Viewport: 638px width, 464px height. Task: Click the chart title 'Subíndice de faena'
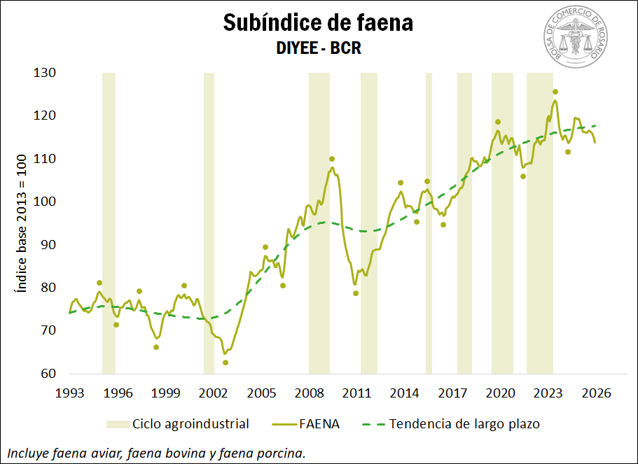pos(318,22)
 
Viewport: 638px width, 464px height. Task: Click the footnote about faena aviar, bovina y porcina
pos(155,453)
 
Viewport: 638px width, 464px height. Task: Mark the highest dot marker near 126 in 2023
pos(555,92)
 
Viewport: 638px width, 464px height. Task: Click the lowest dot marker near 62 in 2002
pos(226,363)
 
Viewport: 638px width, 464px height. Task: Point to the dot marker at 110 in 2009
pos(332,159)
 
